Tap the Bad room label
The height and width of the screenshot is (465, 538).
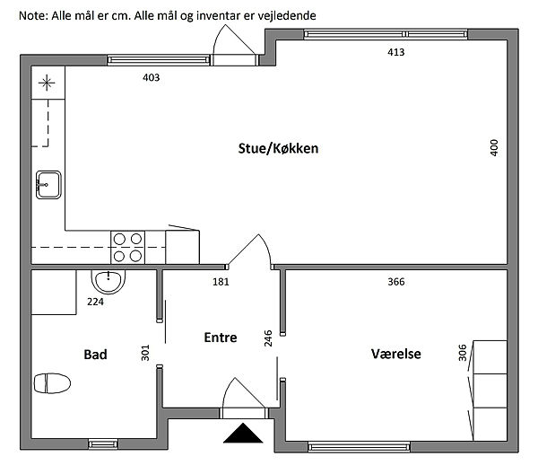(96, 355)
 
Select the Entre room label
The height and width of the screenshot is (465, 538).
(221, 338)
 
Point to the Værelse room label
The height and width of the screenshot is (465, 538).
(396, 355)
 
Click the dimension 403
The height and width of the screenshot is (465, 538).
(152, 78)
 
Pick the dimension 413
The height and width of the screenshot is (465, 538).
(396, 52)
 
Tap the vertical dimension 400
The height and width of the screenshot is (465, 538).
(493, 147)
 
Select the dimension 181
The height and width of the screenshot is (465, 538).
(221, 282)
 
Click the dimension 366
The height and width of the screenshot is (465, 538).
(396, 282)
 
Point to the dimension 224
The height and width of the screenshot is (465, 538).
(95, 303)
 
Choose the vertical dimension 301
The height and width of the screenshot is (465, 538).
(145, 354)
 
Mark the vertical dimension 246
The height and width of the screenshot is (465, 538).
(267, 338)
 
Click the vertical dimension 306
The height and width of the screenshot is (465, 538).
(462, 354)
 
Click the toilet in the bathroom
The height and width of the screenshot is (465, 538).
(52, 383)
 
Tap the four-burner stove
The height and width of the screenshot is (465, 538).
(128, 247)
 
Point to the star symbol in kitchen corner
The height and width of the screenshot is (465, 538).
(46, 86)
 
